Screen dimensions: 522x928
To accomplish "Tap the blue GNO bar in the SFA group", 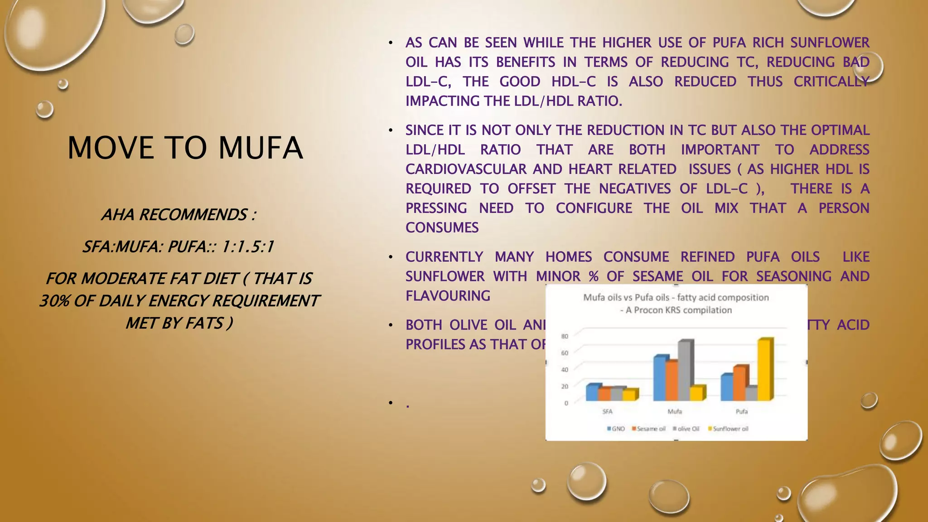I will tap(591, 392).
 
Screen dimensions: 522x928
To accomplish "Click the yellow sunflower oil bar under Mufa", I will tap(697, 393).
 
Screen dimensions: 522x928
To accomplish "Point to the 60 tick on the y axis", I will tap(565, 353).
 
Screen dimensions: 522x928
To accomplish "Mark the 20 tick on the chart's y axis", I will tap(565, 386).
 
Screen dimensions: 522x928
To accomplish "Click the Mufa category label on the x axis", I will tap(675, 411).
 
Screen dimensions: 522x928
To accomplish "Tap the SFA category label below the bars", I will tap(607, 411).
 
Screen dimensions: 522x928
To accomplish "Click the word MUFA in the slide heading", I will tap(260, 148).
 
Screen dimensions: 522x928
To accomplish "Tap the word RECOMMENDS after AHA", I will tap(193, 214).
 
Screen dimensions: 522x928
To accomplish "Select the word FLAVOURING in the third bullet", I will tap(448, 296).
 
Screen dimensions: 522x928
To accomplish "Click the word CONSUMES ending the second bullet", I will tap(442, 227).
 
